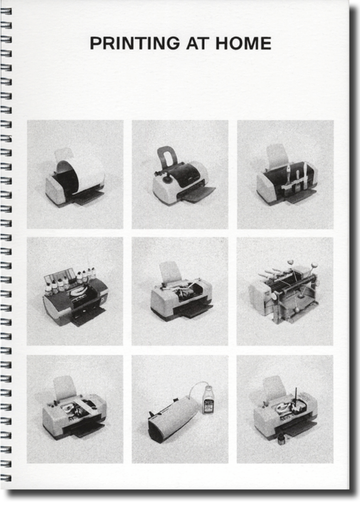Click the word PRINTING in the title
134,43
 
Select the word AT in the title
197,43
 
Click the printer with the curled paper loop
75,177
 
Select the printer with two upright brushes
286,178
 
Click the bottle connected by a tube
208,400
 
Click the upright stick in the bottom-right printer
297,397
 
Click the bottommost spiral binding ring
6,478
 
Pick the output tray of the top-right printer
301,195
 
